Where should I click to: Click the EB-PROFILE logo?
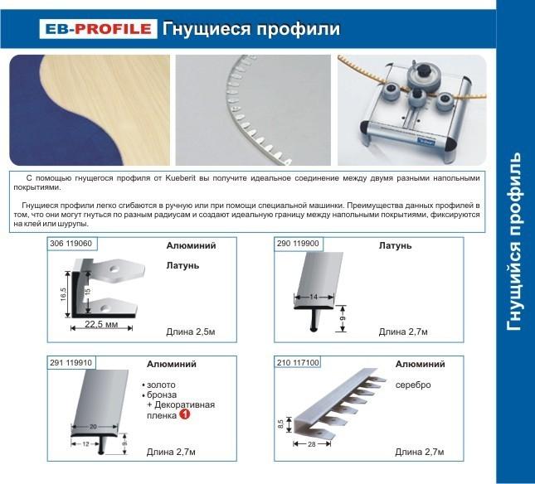96,29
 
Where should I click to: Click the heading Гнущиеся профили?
250,29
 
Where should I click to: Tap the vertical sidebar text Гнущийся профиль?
514,241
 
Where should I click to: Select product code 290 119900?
300,244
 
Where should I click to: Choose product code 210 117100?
300,362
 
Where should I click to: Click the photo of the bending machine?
411,109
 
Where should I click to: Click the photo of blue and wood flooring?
90,109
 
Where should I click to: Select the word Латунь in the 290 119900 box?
395,246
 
